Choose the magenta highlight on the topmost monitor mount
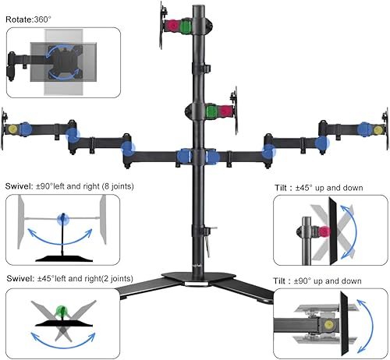(173, 25)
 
